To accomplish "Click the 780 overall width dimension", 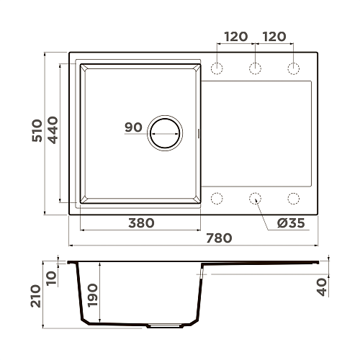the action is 219,238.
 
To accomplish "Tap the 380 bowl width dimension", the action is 141,223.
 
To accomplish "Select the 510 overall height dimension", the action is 37,130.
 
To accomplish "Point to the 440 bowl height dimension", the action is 53,130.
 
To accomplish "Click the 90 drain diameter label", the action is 133,127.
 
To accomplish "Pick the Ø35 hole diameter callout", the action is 291,223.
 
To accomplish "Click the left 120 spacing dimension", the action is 236,37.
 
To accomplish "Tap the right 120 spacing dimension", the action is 274,37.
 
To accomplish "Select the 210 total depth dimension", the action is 36,296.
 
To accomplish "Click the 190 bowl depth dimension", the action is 93,295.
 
